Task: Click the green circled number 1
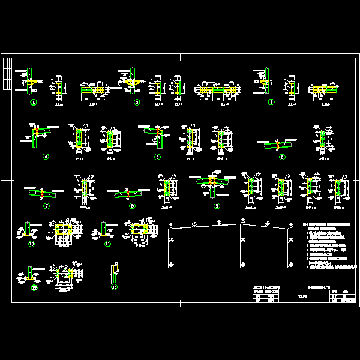pos(34,103)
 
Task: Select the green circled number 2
pos(137,103)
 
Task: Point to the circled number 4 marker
pos(46,157)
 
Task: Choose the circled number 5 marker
pos(157,157)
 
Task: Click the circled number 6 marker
pos(282,157)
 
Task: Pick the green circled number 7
pos(46,206)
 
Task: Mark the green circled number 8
pos(132,206)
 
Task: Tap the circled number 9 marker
pos(217,206)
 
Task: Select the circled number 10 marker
pos(32,245)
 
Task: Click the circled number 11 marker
pos(107,245)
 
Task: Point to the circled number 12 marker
pos(34,287)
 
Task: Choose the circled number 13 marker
pos(115,287)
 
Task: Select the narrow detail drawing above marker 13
pos(115,273)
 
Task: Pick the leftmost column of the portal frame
pos(169,246)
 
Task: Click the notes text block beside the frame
pos(330,243)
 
